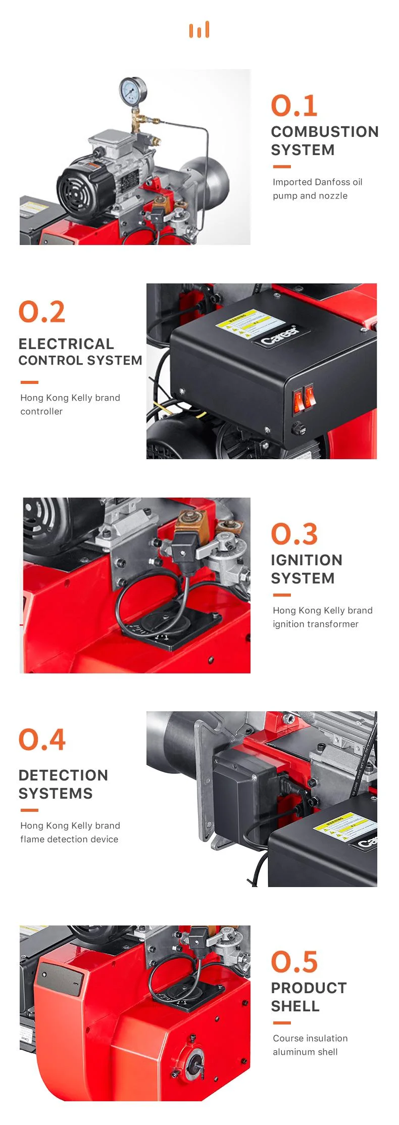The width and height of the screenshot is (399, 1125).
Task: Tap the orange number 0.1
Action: point(294,106)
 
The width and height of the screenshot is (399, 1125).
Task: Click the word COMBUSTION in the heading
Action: point(325,132)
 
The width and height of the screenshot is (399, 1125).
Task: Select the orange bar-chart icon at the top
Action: point(199,30)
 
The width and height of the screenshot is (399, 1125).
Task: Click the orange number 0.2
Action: point(42,312)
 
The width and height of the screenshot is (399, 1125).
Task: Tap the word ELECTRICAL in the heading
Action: point(66,344)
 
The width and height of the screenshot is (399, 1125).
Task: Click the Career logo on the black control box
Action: point(279,335)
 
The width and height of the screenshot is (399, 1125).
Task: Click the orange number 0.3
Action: point(294,534)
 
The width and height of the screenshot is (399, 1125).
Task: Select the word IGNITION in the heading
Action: point(307,560)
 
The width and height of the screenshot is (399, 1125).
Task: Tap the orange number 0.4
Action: point(42,740)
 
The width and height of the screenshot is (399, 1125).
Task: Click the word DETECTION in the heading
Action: point(63,775)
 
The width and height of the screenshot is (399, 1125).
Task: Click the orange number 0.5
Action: point(294,962)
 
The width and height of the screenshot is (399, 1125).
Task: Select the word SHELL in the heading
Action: point(295,1006)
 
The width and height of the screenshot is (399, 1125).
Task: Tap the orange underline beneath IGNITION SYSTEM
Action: point(282,595)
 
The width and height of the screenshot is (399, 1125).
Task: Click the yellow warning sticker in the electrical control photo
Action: point(247,322)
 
